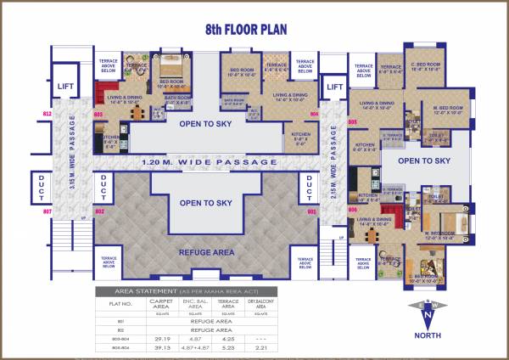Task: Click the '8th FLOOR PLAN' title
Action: pos(246,29)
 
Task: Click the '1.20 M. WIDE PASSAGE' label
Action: pos(210,161)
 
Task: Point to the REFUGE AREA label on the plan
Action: pos(206,252)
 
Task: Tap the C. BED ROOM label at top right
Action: pos(424,65)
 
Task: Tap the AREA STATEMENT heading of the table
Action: pos(176,290)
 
